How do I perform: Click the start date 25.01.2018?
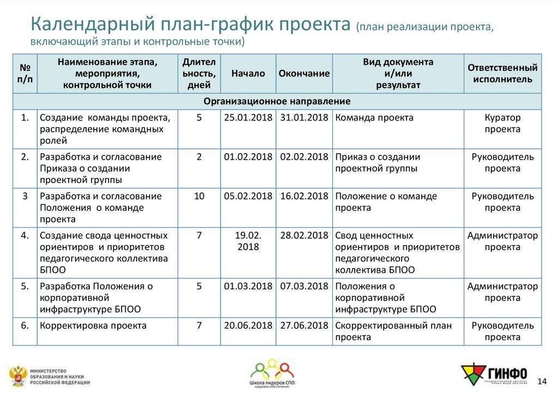click(248, 118)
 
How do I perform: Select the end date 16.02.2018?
click(304, 196)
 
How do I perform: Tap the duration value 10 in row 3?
click(199, 196)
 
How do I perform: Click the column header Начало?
click(248, 74)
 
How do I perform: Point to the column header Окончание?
click(304, 74)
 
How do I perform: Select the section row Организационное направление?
click(277, 101)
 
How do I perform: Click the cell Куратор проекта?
click(502, 124)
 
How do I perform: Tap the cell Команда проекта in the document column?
click(374, 118)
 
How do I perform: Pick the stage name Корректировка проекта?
click(93, 326)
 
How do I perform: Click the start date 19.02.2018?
click(248, 241)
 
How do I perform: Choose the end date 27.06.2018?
click(304, 326)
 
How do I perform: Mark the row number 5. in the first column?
click(25, 287)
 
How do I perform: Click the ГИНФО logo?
click(494, 374)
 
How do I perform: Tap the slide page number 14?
click(542, 380)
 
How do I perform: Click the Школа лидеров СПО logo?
click(272, 374)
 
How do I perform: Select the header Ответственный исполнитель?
click(502, 74)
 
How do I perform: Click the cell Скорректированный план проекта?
click(393, 331)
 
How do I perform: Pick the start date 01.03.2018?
click(248, 287)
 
